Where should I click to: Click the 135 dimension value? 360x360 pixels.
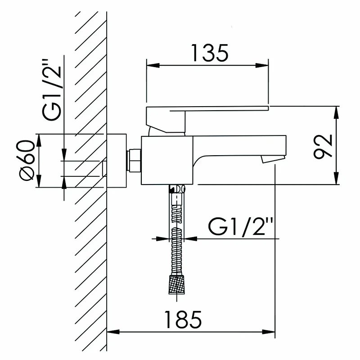click(x=210, y=53)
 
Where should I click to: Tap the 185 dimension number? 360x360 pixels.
click(x=183, y=319)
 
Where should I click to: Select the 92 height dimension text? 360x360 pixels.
click(x=323, y=147)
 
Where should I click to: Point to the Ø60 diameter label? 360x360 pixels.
click(x=26, y=161)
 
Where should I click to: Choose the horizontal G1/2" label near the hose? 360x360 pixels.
click(x=240, y=227)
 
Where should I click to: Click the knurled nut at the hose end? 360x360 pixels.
click(x=176, y=284)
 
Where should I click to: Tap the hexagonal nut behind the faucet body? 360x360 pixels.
click(x=135, y=160)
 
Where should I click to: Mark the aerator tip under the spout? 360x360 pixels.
click(x=273, y=159)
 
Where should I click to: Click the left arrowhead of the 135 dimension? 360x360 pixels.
click(x=153, y=65)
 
